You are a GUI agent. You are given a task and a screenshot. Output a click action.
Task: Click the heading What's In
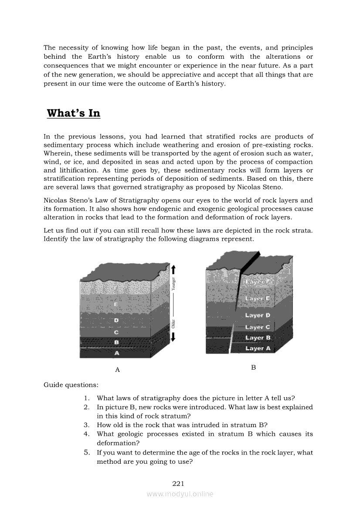coord(73,113)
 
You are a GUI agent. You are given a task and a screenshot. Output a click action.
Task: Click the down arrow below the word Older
coord(173,337)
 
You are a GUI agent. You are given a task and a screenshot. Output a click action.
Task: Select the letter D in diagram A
coord(116,320)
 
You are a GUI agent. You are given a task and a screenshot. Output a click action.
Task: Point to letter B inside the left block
coord(116,343)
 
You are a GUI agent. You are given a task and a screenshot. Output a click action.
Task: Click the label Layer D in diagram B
coord(258,315)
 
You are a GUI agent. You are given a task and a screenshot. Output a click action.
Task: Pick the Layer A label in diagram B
coord(258,348)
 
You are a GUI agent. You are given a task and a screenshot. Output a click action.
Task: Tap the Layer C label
coord(258,327)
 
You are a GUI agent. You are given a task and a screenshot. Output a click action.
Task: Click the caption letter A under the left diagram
coord(117,370)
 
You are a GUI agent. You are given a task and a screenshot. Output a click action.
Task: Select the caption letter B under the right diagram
coord(253,367)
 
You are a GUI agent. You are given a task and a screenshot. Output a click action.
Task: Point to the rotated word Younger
coord(173,283)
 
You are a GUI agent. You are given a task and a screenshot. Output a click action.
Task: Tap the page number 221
coord(179,483)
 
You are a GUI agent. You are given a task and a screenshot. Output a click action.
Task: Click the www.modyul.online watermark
coord(180,494)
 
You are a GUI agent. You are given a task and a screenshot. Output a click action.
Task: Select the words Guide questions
coord(71,385)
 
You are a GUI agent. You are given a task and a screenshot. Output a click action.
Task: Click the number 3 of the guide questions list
coord(87,425)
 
